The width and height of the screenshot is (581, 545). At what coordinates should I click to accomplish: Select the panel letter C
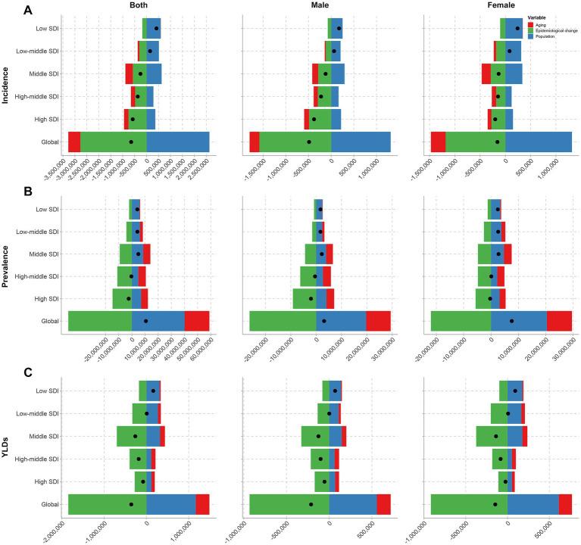8,372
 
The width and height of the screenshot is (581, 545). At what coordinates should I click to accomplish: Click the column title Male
320,7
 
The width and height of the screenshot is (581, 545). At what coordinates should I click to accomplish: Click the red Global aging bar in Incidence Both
74,142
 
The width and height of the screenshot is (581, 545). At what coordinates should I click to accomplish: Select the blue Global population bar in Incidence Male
361,142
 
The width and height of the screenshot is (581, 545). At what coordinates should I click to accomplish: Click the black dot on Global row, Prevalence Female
511,321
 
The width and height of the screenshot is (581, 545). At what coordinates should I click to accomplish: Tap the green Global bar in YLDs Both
107,504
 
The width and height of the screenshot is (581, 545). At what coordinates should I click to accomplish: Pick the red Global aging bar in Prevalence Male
378,321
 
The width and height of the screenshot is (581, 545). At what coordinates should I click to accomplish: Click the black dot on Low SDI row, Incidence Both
157,28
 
